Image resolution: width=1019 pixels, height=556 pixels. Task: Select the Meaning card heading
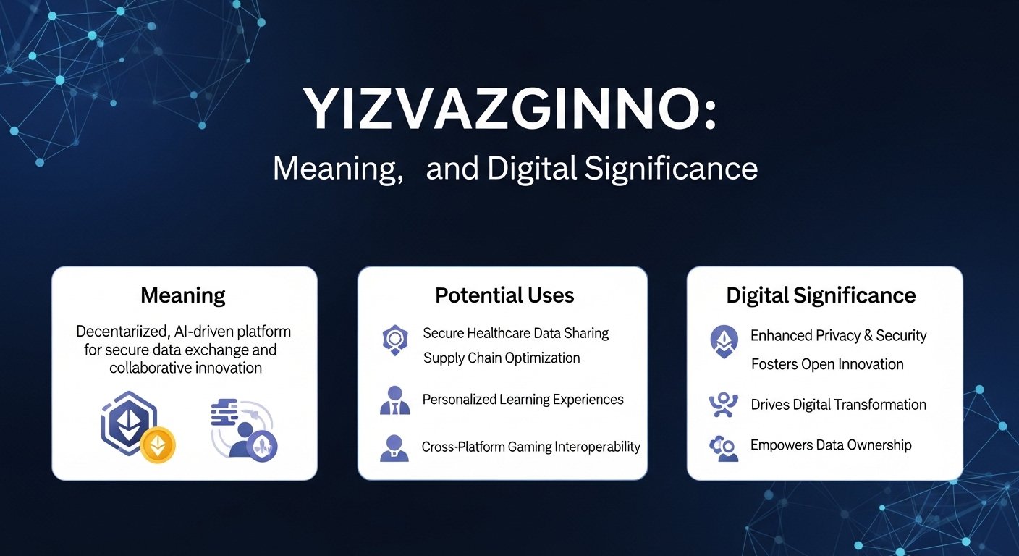[183, 295]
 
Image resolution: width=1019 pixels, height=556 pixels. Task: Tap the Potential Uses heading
[504, 295]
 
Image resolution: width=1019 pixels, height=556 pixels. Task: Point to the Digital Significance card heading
[821, 295]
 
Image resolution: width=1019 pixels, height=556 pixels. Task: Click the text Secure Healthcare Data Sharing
[515, 333]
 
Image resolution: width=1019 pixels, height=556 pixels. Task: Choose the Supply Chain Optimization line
[502, 358]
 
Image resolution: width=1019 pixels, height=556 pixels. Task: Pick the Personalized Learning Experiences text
[523, 400]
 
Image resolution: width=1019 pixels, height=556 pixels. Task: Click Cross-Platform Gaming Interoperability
[530, 447]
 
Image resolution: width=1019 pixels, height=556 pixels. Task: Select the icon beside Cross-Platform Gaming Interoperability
[395, 448]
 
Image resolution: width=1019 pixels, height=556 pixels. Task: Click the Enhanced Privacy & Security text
[838, 335]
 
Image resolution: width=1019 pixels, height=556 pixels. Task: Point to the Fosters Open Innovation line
[827, 364]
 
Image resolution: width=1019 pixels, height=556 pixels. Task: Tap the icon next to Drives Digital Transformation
[723, 405]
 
